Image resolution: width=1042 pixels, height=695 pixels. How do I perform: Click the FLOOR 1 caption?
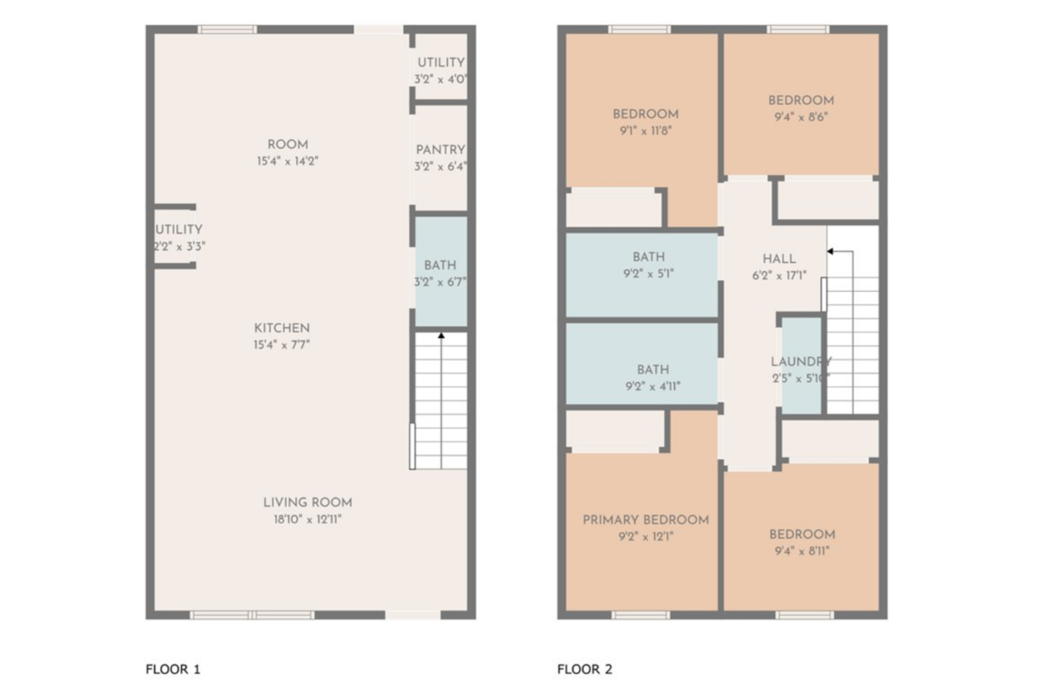click(x=173, y=669)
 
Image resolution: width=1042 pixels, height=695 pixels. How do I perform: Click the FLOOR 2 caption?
click(x=584, y=669)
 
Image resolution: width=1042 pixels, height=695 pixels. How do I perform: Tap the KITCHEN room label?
click(x=282, y=328)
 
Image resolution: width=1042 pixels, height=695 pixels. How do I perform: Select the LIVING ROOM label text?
click(x=308, y=503)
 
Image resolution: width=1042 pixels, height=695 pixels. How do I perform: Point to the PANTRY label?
click(x=440, y=150)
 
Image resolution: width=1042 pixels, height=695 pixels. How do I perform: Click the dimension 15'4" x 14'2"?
click(x=288, y=161)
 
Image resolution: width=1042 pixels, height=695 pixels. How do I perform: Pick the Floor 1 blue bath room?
click(x=441, y=271)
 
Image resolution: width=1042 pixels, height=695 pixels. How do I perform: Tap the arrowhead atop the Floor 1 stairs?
click(x=441, y=336)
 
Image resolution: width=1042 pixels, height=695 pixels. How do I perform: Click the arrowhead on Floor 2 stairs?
click(x=830, y=251)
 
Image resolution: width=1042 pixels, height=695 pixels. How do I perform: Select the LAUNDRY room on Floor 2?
click(x=801, y=365)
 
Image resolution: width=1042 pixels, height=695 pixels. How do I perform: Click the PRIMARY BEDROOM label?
click(x=646, y=520)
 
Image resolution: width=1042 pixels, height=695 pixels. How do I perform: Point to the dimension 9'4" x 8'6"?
click(x=801, y=117)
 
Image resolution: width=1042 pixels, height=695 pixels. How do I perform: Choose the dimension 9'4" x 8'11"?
click(x=802, y=551)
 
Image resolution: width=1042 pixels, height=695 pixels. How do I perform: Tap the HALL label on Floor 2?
click(x=779, y=259)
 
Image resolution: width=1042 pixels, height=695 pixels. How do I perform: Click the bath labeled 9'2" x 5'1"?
click(x=643, y=275)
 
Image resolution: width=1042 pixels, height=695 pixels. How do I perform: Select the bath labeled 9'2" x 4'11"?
click(x=643, y=364)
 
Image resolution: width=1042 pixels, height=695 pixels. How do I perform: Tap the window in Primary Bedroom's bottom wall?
click(x=640, y=615)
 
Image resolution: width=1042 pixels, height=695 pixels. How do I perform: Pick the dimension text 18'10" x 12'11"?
click(x=308, y=520)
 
